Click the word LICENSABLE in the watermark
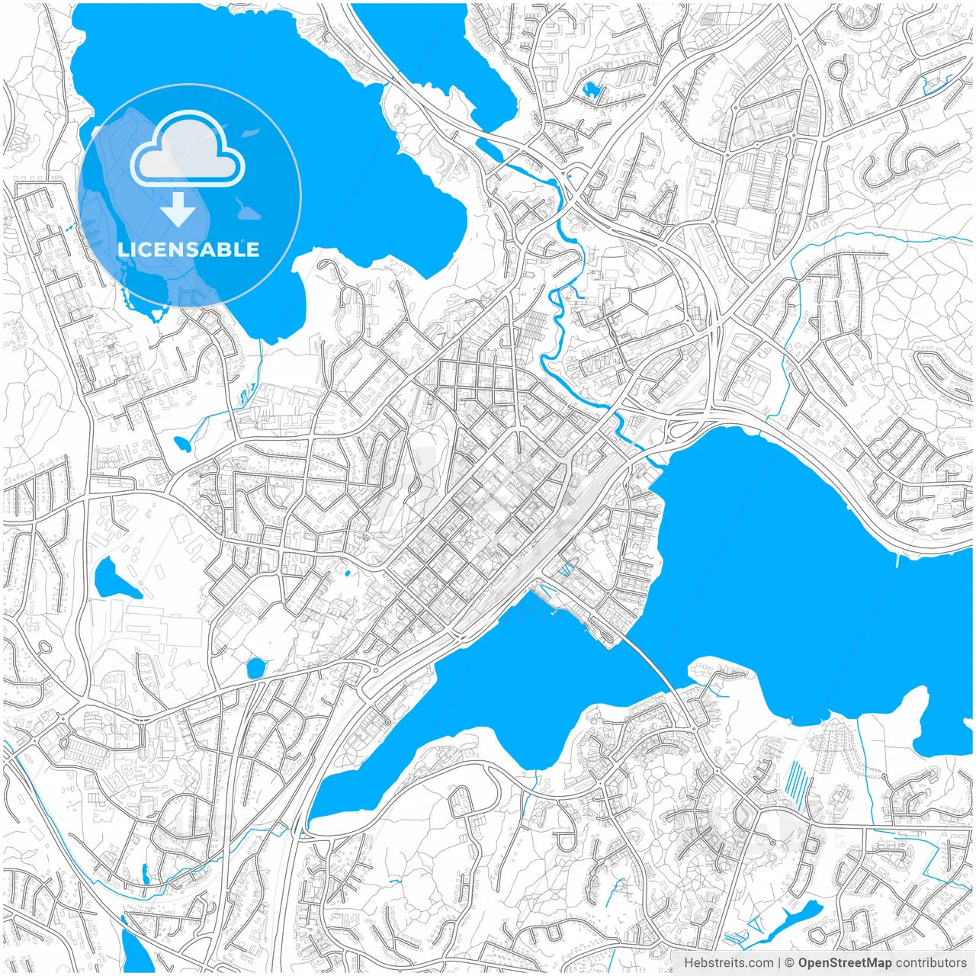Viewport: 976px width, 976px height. [188, 250]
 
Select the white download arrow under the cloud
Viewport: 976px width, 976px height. [178, 210]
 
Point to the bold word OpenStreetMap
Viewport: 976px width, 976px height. [845, 963]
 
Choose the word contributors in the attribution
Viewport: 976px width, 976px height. [931, 963]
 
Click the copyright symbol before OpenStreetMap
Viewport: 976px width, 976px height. [790, 963]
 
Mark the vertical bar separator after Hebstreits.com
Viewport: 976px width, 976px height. [779, 963]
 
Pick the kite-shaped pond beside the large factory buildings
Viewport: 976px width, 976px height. [113, 579]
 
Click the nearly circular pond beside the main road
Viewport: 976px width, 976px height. [255, 668]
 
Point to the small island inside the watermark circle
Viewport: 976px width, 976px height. [246, 208]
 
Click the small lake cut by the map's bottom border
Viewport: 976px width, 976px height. [136, 953]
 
